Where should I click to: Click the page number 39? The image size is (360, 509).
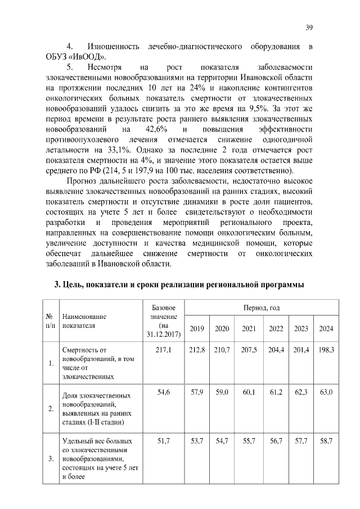[309, 27]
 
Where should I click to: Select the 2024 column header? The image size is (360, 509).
[327, 328]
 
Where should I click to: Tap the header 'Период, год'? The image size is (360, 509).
[262, 308]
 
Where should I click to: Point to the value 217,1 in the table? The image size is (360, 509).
[163, 350]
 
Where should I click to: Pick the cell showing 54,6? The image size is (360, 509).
[163, 393]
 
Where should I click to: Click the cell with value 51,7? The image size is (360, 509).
[163, 440]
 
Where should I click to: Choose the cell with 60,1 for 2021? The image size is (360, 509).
[249, 393]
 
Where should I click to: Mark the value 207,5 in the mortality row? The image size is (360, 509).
[249, 350]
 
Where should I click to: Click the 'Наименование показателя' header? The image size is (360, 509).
[84, 320]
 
